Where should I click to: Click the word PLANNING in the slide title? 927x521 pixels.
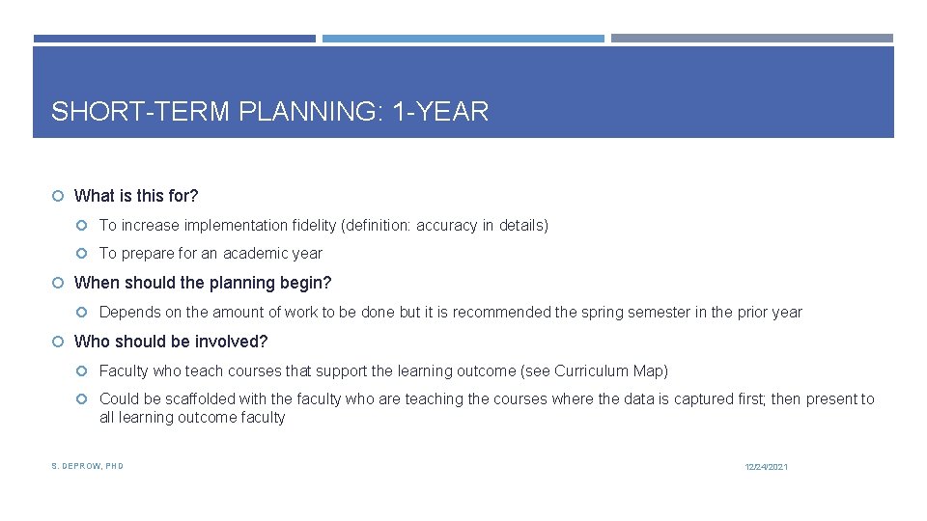(308, 112)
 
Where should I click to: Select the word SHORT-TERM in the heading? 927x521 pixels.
(140, 112)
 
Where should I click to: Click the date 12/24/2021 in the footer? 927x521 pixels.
(766, 467)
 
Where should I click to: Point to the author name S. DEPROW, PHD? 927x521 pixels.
(87, 466)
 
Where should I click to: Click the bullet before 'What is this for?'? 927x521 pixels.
(58, 196)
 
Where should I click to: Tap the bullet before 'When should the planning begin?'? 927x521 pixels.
(58, 283)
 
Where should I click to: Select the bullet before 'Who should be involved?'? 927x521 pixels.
(58, 342)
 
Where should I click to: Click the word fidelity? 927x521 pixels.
(314, 226)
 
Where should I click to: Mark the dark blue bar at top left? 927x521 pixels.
(174, 39)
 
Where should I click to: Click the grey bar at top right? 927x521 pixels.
(752, 39)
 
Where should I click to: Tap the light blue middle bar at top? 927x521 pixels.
(463, 39)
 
